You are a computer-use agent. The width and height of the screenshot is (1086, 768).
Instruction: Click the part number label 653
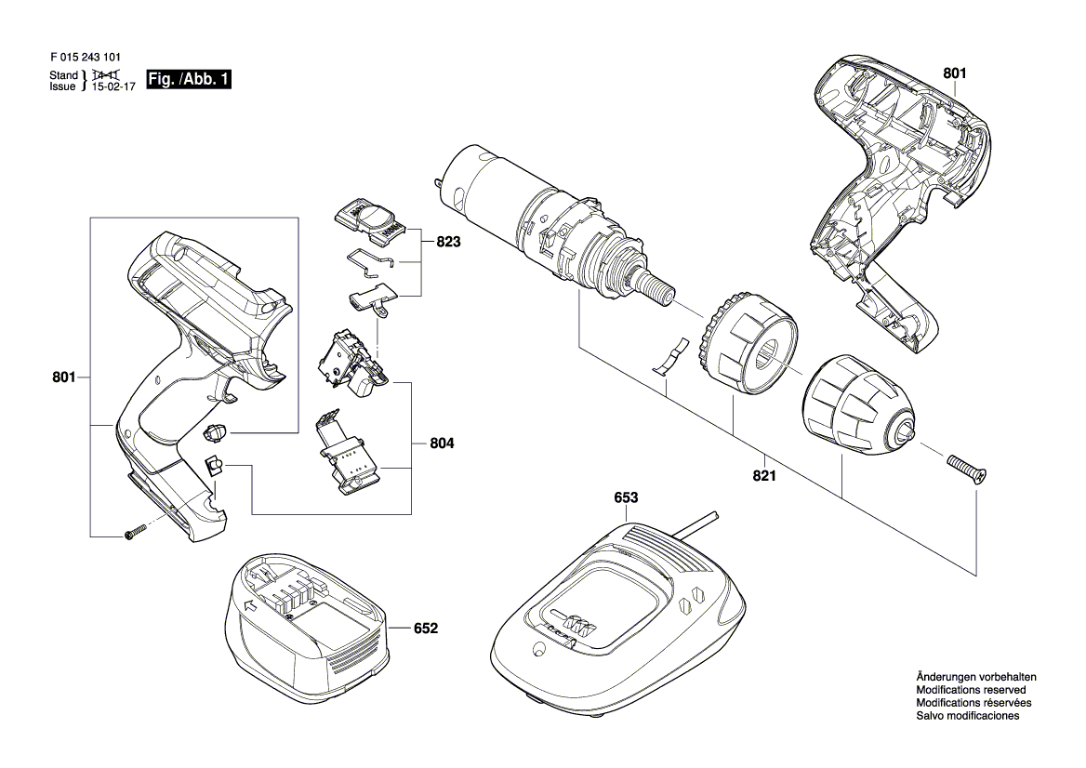[626, 497]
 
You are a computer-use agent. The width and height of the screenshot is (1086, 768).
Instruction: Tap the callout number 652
[426, 629]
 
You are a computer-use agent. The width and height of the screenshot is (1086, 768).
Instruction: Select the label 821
[764, 476]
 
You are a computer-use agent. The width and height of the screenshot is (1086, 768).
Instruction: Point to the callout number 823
[448, 243]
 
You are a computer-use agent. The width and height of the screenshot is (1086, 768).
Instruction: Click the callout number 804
[442, 443]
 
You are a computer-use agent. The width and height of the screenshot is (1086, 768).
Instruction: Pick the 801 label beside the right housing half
[954, 73]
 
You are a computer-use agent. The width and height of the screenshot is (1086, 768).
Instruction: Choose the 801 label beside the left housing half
[64, 377]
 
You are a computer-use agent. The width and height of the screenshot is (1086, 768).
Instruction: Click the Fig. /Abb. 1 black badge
[189, 79]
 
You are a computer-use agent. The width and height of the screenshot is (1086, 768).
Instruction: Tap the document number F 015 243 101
[80, 59]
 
